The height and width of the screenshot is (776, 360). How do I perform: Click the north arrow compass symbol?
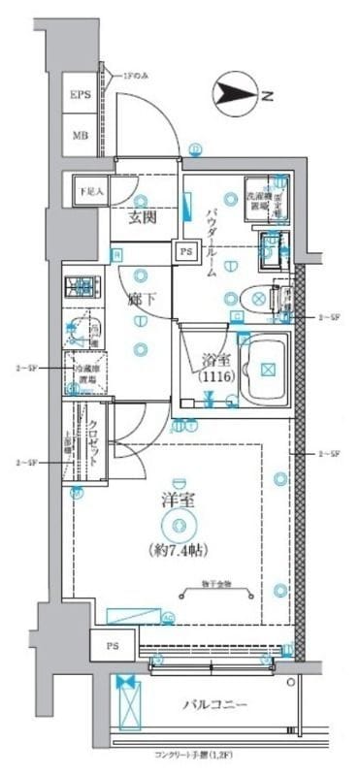pos(238,93)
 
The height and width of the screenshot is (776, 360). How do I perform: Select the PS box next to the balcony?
pos(113,644)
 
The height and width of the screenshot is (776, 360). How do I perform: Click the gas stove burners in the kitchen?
pos(82,287)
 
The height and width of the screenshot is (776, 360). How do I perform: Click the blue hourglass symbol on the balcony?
pos(124,683)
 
